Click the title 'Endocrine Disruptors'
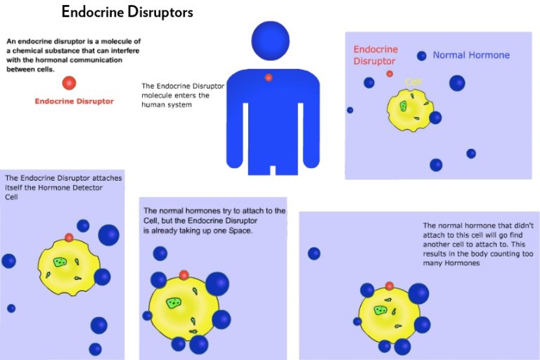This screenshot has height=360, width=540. click(x=127, y=12)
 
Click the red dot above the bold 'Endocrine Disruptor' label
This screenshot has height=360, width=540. click(x=69, y=83)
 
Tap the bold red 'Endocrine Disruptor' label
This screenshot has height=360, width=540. click(x=74, y=101)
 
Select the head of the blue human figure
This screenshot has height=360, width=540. click(x=270, y=40)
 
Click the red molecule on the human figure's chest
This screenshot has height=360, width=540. click(x=269, y=77)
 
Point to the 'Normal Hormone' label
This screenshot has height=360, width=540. click(x=471, y=55)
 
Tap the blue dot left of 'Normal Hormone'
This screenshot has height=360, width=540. click(x=421, y=56)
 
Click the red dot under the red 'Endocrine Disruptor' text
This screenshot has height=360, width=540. click(x=390, y=73)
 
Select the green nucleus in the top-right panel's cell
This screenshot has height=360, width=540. click(x=403, y=105)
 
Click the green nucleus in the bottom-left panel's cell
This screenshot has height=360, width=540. click(x=60, y=262)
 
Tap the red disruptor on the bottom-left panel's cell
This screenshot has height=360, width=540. click(x=69, y=238)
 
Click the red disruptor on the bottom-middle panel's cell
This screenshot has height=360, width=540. click(x=184, y=275)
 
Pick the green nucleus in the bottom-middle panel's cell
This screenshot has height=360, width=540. click(x=173, y=302)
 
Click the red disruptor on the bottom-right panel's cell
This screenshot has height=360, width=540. click(x=390, y=286)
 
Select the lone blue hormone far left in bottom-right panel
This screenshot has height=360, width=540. click(x=314, y=253)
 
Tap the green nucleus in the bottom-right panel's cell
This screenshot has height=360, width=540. click(x=380, y=310)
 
